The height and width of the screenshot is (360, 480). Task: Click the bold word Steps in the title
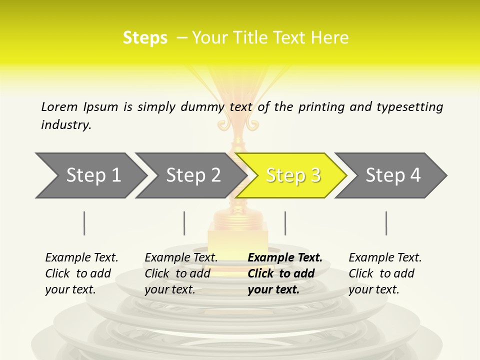pos(145,37)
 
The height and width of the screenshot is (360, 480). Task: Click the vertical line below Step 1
pos(84,223)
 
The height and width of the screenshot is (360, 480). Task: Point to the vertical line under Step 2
pos(184,223)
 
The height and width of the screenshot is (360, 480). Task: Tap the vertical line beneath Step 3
pos(285,223)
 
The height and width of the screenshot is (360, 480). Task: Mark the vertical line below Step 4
pos(386,223)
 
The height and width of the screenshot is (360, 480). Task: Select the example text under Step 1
pos(81,273)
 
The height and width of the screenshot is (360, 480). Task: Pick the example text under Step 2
pos(181,273)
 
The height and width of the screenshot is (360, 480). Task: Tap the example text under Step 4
pos(385,273)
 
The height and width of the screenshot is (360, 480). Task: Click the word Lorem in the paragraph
pos(59,106)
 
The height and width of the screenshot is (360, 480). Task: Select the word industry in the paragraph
pos(66,124)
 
